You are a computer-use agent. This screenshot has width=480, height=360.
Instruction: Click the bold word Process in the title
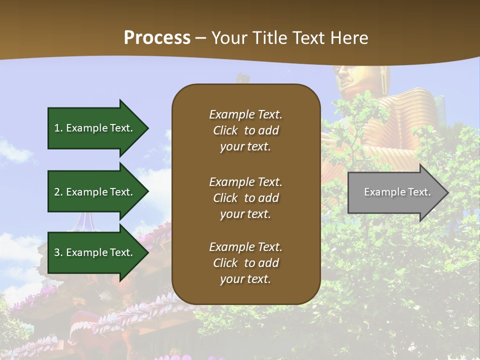click(x=157, y=38)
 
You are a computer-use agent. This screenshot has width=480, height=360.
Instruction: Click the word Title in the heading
click(x=268, y=38)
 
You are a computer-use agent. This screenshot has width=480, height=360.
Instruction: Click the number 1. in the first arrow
click(x=58, y=128)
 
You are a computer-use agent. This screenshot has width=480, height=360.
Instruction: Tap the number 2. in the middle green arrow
click(x=58, y=192)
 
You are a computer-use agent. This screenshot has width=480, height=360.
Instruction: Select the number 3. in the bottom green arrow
click(x=58, y=252)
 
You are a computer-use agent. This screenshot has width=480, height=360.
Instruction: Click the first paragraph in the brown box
click(x=245, y=130)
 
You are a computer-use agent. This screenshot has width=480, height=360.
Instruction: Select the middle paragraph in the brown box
click(x=245, y=198)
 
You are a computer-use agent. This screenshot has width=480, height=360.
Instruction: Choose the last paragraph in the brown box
click(x=245, y=263)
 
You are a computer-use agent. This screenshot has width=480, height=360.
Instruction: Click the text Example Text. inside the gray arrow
click(x=397, y=192)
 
